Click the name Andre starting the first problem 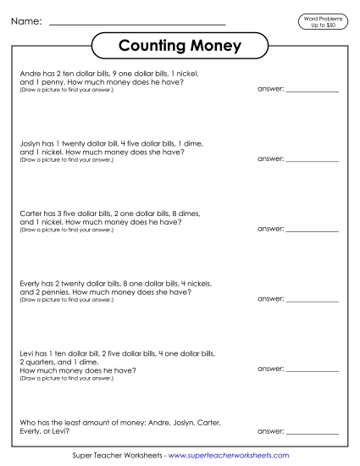(x=28, y=75)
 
